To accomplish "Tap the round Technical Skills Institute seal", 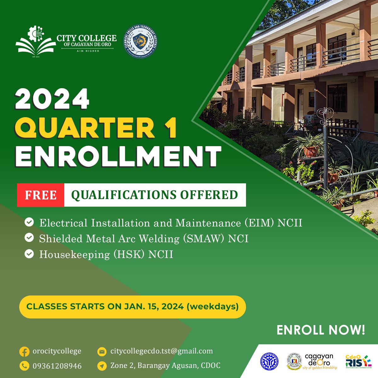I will point(140,42).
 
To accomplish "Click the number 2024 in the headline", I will point(52,99).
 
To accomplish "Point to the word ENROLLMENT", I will point(118,156).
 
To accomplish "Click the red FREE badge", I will point(41,195).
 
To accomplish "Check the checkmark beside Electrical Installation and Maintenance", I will point(29,222).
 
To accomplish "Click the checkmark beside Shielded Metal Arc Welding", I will point(29,238).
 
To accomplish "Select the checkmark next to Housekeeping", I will point(29,254).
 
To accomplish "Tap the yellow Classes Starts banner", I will point(132,306).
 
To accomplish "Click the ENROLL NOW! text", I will point(321,330).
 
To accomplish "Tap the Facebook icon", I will point(24,352).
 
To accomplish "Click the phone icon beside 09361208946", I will point(24,366).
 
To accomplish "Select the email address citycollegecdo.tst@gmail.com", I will point(161,351).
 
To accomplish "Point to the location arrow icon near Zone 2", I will point(102,366).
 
